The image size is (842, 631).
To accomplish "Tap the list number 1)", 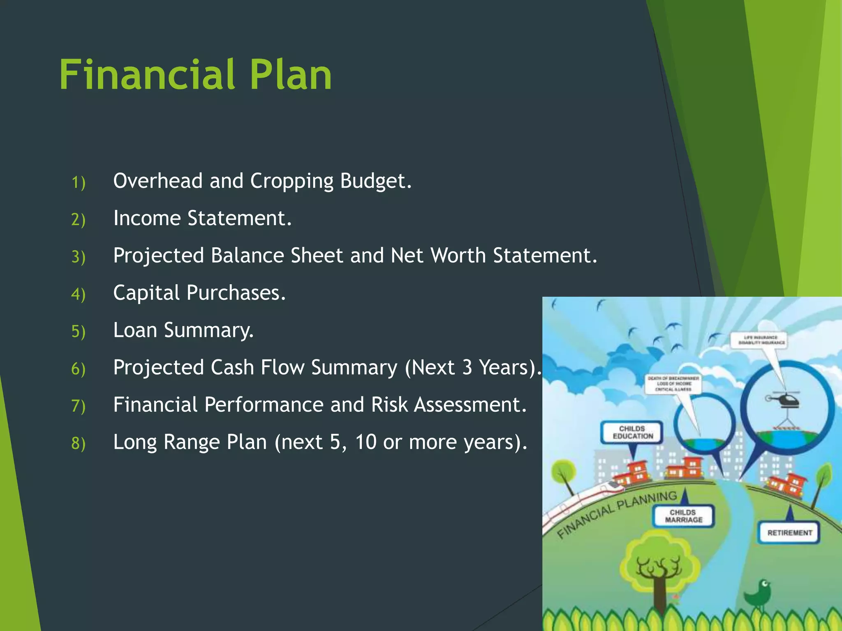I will (78, 182).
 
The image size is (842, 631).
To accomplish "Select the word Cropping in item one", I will (291, 181).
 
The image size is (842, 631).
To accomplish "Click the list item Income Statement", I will (202, 218).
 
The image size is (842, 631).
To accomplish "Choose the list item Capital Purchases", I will (199, 293).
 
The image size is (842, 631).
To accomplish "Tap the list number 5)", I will (78, 331).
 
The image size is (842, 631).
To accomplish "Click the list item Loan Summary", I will (183, 330).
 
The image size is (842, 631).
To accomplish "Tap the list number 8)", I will (78, 443).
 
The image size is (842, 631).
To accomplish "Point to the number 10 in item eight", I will (365, 442).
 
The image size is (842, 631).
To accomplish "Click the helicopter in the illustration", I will (784, 399).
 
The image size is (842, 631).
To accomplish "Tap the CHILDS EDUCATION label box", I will (632, 432).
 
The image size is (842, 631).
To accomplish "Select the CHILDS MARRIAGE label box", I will (683, 516).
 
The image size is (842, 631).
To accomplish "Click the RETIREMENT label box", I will (789, 532).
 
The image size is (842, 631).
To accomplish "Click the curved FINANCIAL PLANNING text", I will (617, 513).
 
